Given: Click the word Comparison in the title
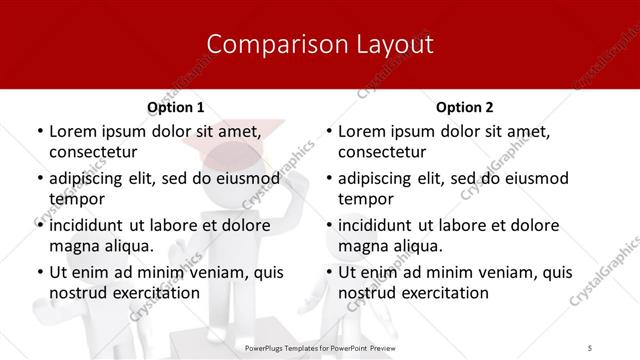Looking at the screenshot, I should tap(265, 45).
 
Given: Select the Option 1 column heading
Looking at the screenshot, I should tap(175, 107).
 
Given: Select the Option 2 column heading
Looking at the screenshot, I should tap(465, 107).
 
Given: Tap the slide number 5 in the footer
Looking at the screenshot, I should tap(590, 346).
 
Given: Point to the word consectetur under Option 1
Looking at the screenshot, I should tap(93, 152).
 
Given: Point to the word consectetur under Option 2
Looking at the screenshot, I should tap(383, 152).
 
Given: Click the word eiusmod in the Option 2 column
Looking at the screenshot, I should tap(533, 178).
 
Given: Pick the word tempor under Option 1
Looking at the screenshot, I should tap(75, 198).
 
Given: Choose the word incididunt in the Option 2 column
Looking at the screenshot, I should tap(385, 225).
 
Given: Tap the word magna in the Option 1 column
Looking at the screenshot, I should tap(74, 245).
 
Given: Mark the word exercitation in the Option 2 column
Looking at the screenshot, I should tap(443, 293).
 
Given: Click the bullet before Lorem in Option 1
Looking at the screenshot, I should tap(39, 131).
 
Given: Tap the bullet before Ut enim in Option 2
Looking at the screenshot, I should tap(329, 272).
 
